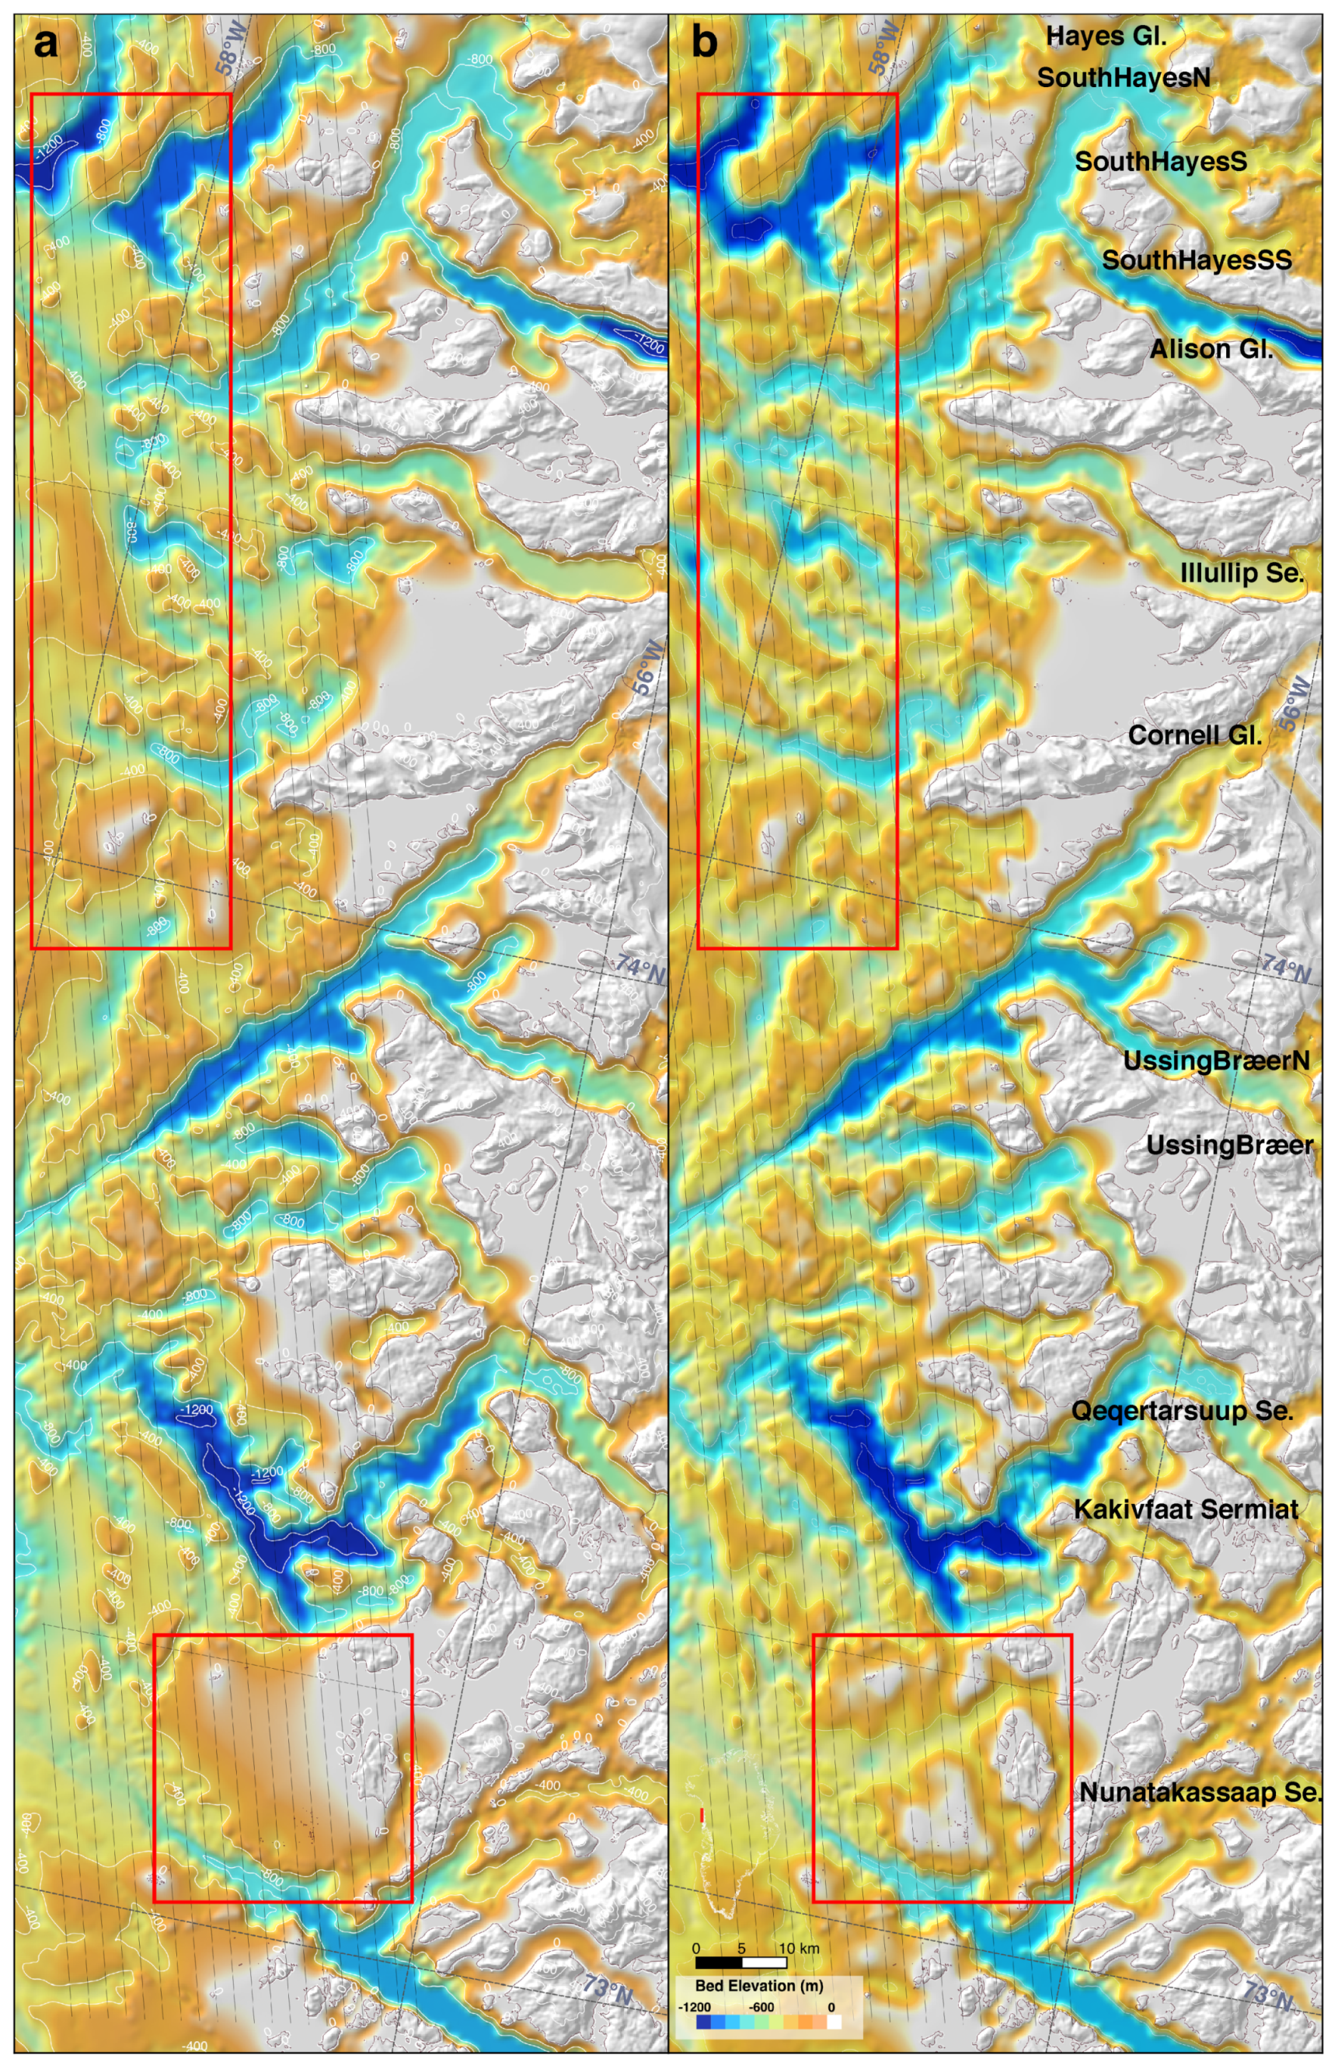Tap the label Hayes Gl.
pos(1106,36)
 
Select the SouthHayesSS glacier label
pos(1196,260)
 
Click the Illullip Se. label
pos(1241,573)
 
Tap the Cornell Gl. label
pos(1194,735)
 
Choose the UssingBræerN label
pos(1216,1061)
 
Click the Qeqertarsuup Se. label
pos(1182,1411)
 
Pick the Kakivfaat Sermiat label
pos(1185,1509)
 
